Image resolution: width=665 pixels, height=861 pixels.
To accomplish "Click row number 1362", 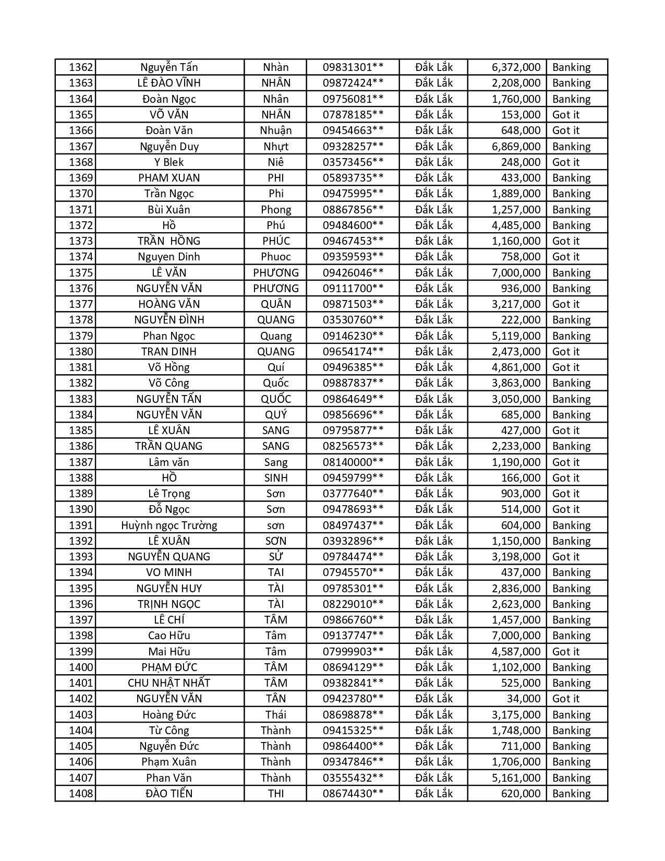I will pyautogui.click(x=81, y=67).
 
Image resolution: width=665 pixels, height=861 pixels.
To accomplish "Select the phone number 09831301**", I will pyautogui.click(x=353, y=67).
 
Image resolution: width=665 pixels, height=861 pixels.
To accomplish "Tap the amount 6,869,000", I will pyautogui.click(x=516, y=147).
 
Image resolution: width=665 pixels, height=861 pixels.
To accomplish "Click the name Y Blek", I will pyautogui.click(x=169, y=162).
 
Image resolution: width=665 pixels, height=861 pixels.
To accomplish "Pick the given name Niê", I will pyautogui.click(x=275, y=162).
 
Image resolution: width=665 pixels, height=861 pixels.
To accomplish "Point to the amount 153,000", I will pyautogui.click(x=521, y=115).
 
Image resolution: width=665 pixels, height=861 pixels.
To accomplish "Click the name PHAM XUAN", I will pyautogui.click(x=169, y=178).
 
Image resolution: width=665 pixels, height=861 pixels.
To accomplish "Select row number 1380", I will pyautogui.click(x=81, y=352).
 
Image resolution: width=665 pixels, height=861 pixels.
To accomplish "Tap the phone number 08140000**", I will pyautogui.click(x=353, y=462).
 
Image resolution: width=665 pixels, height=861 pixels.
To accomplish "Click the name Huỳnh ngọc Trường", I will pyautogui.click(x=169, y=525).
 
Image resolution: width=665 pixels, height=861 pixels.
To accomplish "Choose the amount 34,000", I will pyautogui.click(x=524, y=699).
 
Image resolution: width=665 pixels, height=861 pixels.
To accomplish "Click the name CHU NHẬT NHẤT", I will pyautogui.click(x=169, y=683).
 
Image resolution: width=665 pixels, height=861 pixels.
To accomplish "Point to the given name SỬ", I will pyautogui.click(x=275, y=557).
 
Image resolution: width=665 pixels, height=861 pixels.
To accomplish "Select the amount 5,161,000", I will pyautogui.click(x=516, y=778).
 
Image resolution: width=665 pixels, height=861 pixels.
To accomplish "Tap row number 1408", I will pyautogui.click(x=81, y=794).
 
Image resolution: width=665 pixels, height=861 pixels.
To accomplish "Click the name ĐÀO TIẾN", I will pyautogui.click(x=169, y=794).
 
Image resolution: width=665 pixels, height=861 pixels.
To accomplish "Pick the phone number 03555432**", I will pyautogui.click(x=353, y=778).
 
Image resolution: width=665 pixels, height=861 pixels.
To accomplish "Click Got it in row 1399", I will pyautogui.click(x=565, y=652).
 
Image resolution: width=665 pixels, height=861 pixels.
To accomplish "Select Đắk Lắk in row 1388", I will pyautogui.click(x=434, y=478).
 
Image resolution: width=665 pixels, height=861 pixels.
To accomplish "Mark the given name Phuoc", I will pyautogui.click(x=275, y=257).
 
